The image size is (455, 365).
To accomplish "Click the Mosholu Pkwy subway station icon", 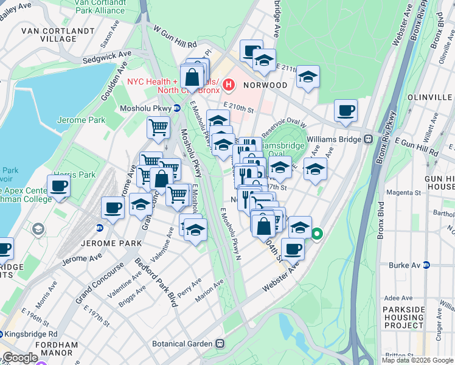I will coord(176,108).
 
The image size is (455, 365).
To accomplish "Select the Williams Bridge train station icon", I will coord(368,139).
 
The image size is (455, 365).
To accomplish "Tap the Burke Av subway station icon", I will coord(427,265).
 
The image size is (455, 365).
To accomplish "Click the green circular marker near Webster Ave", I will coord(317,234).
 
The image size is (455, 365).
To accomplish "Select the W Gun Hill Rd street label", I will coord(175,37).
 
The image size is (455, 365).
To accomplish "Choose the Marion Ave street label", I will coord(209,290).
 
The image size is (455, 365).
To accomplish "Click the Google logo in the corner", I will coord(19,358).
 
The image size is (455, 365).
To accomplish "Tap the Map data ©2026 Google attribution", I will coord(416,360).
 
